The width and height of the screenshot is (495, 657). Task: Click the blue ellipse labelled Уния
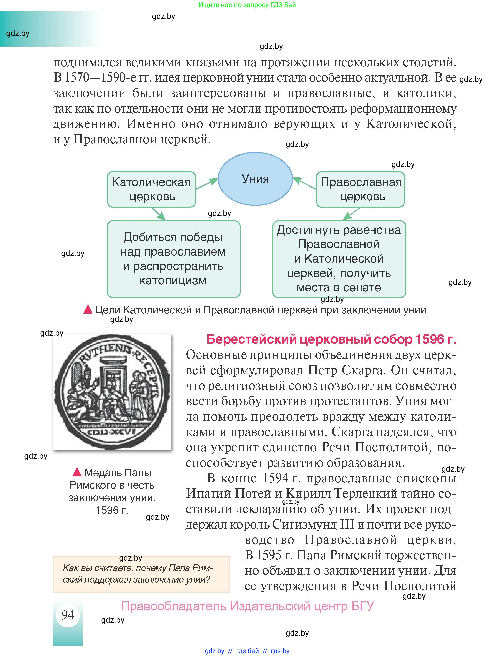click(x=255, y=179)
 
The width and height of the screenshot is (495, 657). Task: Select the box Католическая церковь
click(x=151, y=189)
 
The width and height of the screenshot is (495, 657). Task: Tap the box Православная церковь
click(x=360, y=189)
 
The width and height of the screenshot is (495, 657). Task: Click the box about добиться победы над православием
click(x=173, y=259)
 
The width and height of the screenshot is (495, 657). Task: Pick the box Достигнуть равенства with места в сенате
click(x=339, y=259)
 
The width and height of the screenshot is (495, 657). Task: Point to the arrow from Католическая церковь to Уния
click(x=207, y=184)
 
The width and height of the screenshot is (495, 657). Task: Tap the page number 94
click(x=68, y=615)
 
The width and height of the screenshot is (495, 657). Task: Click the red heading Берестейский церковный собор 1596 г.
click(x=331, y=339)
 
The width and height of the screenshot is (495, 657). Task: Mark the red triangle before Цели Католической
click(x=88, y=309)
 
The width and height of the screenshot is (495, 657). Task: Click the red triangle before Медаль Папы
click(x=77, y=472)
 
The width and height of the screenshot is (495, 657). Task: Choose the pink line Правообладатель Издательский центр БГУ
click(x=247, y=606)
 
